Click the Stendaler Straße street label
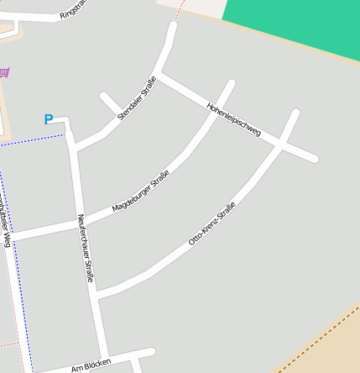click(x=138, y=98)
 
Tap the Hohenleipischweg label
click(x=234, y=119)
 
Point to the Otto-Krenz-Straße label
click(x=212, y=223)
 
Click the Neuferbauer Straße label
click(x=85, y=247)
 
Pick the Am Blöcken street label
click(x=91, y=366)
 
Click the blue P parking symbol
click(x=49, y=120)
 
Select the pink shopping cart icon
click(x=5, y=73)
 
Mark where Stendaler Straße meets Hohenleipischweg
click(x=159, y=75)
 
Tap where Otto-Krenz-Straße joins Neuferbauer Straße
click(x=95, y=296)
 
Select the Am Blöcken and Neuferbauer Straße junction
click(x=106, y=359)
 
